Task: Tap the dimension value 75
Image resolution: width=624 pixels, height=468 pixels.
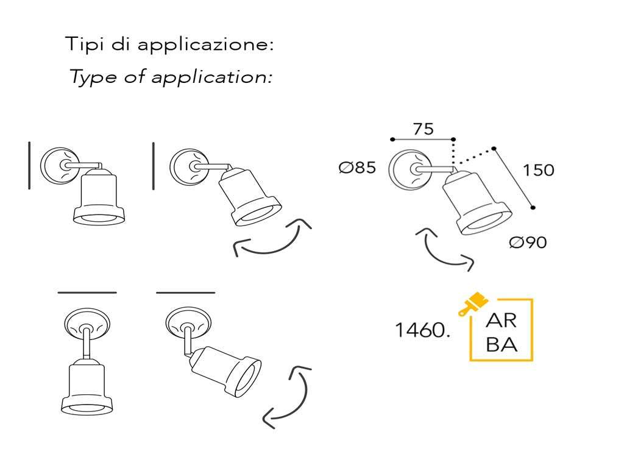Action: (423, 129)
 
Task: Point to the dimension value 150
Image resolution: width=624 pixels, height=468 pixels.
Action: (539, 170)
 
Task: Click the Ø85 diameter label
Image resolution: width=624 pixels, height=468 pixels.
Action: (358, 168)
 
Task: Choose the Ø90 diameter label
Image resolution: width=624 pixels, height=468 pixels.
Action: (528, 243)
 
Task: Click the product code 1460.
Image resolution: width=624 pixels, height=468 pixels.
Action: (422, 331)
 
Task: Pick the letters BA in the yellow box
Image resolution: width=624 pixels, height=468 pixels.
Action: (502, 345)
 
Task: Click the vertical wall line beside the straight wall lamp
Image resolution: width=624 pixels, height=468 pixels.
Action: (29, 165)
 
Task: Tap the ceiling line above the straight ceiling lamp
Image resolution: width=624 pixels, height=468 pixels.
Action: (87, 292)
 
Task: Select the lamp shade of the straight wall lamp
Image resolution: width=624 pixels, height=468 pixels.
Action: (99, 197)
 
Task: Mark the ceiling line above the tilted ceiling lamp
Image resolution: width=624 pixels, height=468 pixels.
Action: (186, 292)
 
